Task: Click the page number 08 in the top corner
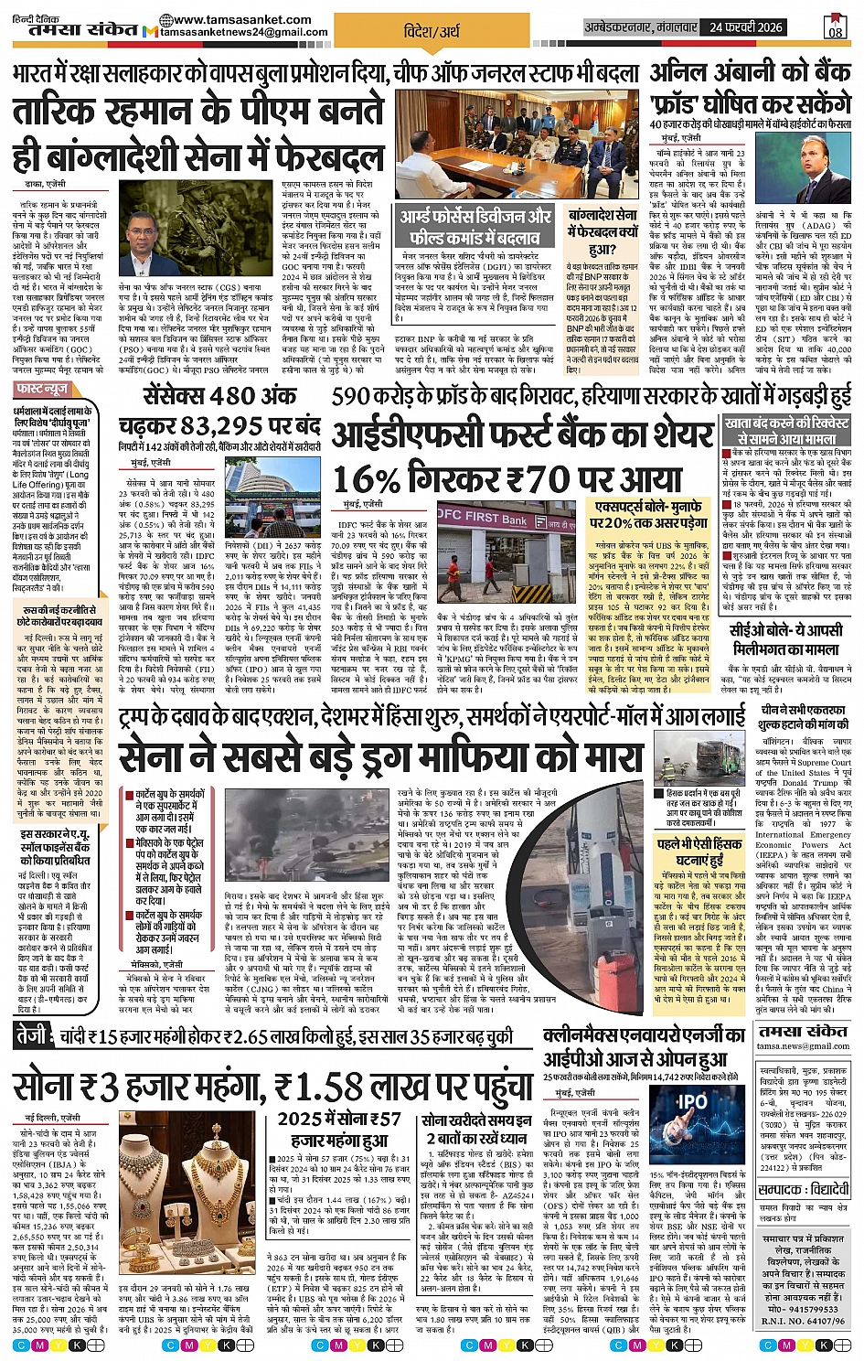coord(835,27)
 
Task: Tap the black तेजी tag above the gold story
coord(33,1037)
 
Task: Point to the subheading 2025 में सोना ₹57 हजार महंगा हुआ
coord(340,1129)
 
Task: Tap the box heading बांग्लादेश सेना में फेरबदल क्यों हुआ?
coord(602,230)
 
